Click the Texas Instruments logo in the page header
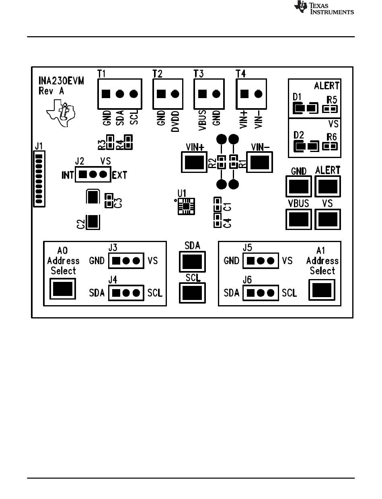tap(324, 8)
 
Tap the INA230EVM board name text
tap(61, 81)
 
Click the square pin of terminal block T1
tap(106, 94)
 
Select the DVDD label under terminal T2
tap(175, 121)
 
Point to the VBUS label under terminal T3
tap(203, 121)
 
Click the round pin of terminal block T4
tap(259, 94)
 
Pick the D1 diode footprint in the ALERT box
tap(305, 108)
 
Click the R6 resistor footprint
tap(330, 146)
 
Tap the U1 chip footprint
tap(187, 206)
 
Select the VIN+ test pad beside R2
tap(194, 162)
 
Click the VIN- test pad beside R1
tap(260, 162)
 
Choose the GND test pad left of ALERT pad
tap(299, 187)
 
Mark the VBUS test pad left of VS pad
tap(299, 219)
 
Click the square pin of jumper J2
tap(83, 175)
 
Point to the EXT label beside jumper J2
tap(119, 175)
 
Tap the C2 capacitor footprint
tap(93, 222)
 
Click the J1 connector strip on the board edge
tap(39, 179)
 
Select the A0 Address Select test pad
tap(63, 289)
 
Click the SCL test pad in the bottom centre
tap(192, 293)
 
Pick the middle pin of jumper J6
tap(261, 293)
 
